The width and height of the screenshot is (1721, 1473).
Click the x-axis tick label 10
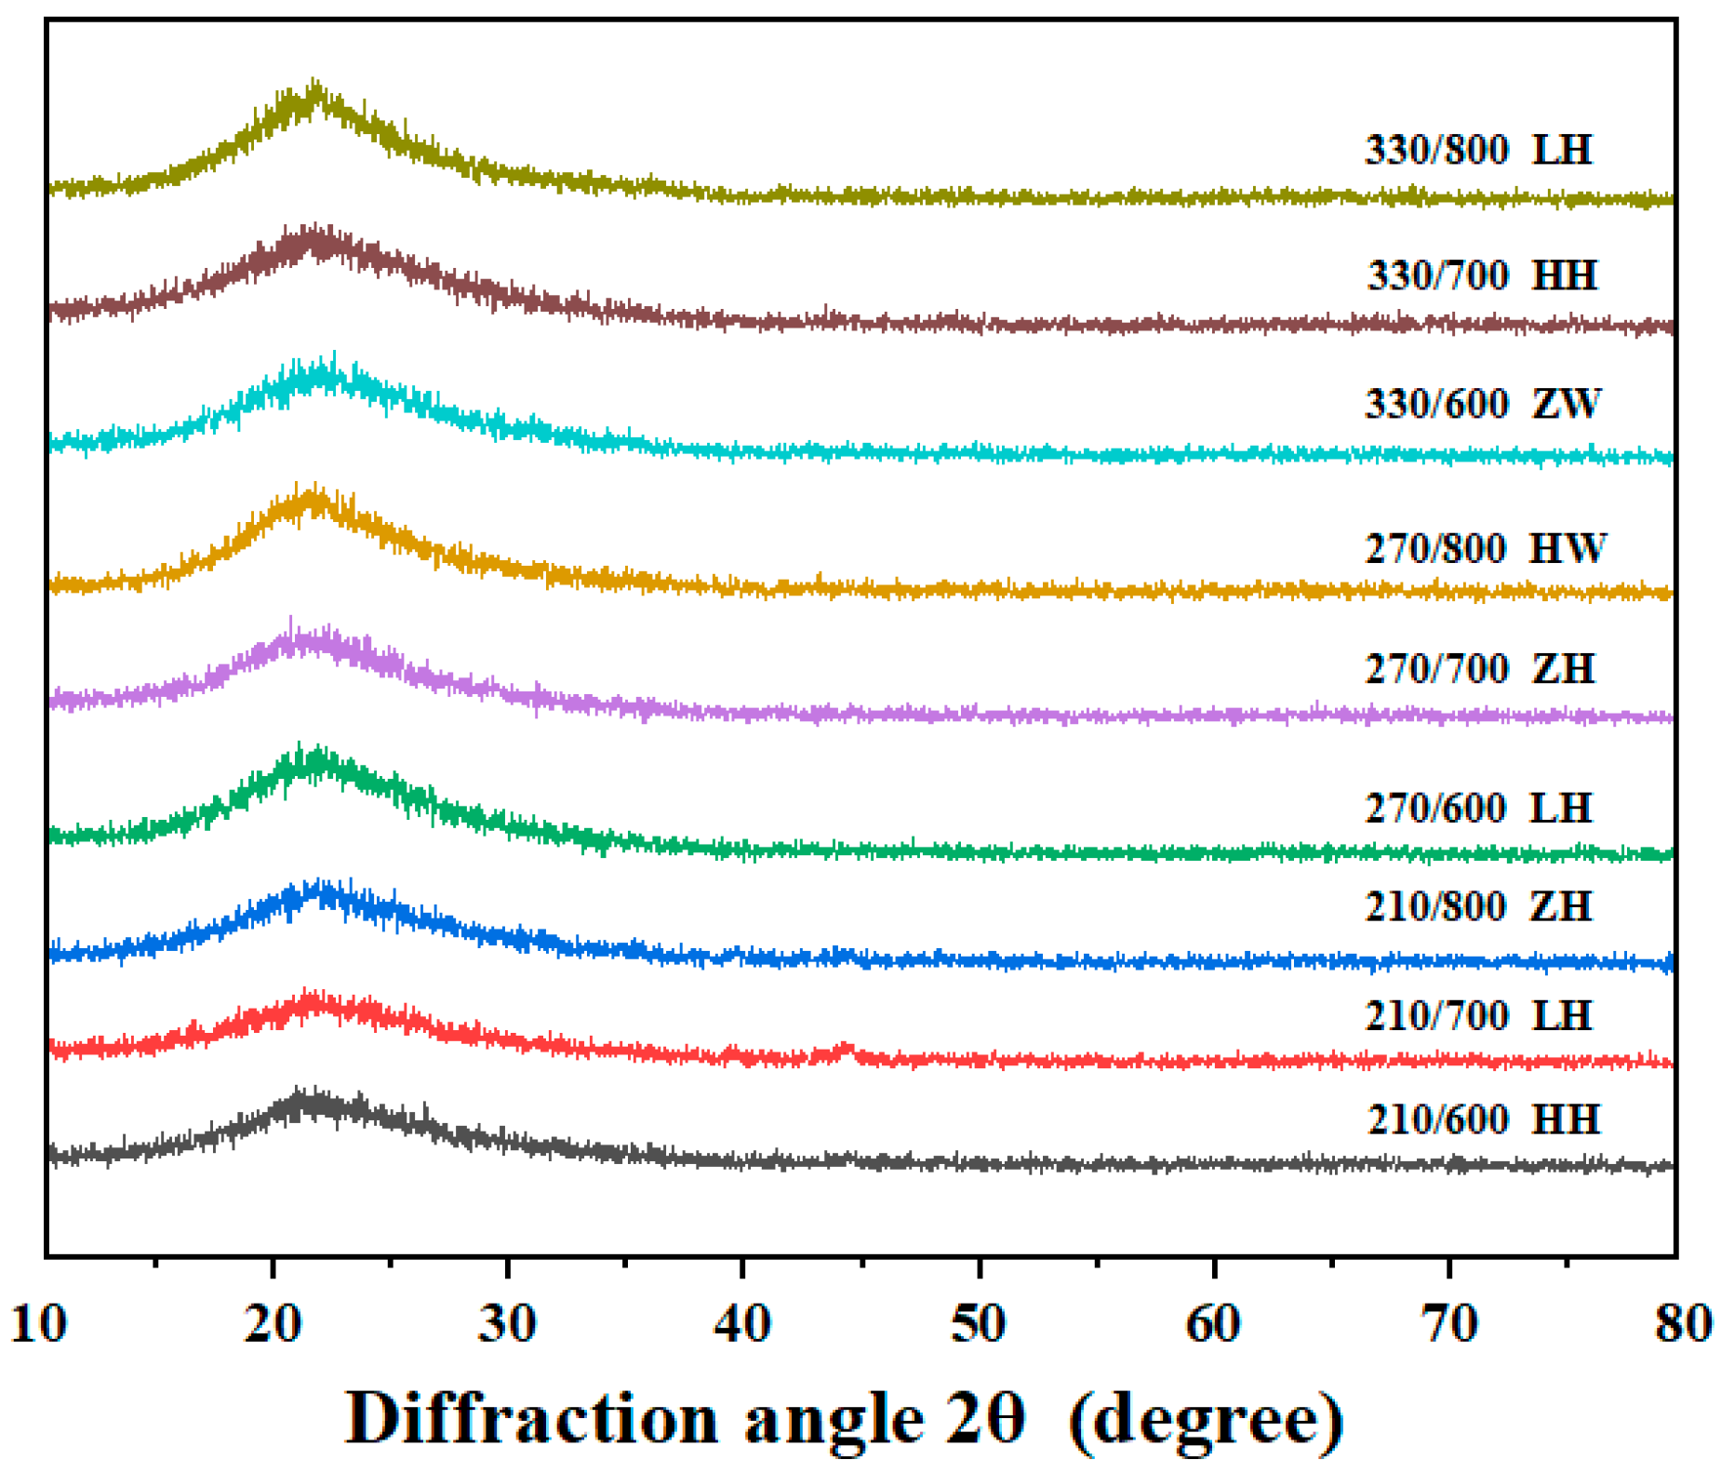click(38, 1322)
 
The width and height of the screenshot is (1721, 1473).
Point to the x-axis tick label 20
click(273, 1322)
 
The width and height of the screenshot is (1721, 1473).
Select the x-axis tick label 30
click(507, 1322)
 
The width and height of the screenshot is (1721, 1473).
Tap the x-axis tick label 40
click(742, 1322)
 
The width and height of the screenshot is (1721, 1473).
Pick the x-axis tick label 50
click(979, 1322)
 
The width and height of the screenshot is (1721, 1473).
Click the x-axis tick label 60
click(1214, 1322)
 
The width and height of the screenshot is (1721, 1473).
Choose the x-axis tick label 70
click(1449, 1322)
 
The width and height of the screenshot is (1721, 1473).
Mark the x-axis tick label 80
click(1682, 1322)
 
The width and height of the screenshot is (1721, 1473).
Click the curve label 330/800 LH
click(1478, 150)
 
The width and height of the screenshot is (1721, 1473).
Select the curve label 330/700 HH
click(1481, 275)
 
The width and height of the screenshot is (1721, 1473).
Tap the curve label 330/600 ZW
click(1482, 404)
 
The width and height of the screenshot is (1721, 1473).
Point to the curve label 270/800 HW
click(1485, 548)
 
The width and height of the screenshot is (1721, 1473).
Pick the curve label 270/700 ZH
click(1479, 669)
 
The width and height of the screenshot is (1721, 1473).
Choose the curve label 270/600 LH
click(1478, 808)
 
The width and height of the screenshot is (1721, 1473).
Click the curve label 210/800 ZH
click(1478, 906)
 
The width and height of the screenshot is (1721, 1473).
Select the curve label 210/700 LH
click(1478, 1015)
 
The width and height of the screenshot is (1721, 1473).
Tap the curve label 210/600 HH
click(1483, 1119)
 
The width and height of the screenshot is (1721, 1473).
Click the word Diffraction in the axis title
click(531, 1418)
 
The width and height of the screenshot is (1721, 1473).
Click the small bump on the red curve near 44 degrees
click(845, 1051)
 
